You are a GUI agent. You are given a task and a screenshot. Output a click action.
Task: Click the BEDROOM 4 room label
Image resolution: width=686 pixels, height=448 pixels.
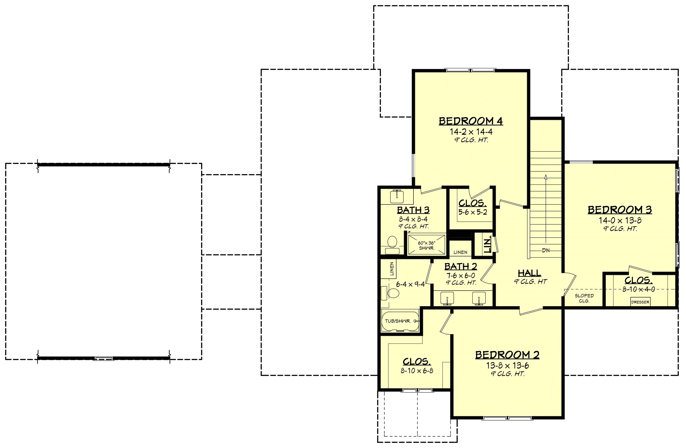click(x=471, y=121)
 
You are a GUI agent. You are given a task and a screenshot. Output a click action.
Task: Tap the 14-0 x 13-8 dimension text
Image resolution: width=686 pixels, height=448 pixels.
click(x=620, y=220)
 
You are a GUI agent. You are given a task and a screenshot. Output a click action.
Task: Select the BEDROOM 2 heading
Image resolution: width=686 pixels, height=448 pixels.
click(x=507, y=355)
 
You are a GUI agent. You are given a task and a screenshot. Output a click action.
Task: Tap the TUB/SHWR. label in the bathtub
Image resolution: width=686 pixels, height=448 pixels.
click(x=398, y=321)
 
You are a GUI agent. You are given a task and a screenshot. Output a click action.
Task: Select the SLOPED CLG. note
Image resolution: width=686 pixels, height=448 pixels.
click(x=584, y=298)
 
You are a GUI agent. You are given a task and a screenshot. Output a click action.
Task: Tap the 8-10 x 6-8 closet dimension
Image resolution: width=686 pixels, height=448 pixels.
click(x=417, y=371)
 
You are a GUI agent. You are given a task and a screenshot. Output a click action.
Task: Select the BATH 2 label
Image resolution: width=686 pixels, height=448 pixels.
click(x=461, y=266)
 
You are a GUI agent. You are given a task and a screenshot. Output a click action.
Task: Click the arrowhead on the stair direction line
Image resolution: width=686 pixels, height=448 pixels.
click(x=545, y=177)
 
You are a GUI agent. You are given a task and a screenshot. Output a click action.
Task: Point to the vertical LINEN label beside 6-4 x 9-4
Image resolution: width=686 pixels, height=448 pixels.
click(x=392, y=269)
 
